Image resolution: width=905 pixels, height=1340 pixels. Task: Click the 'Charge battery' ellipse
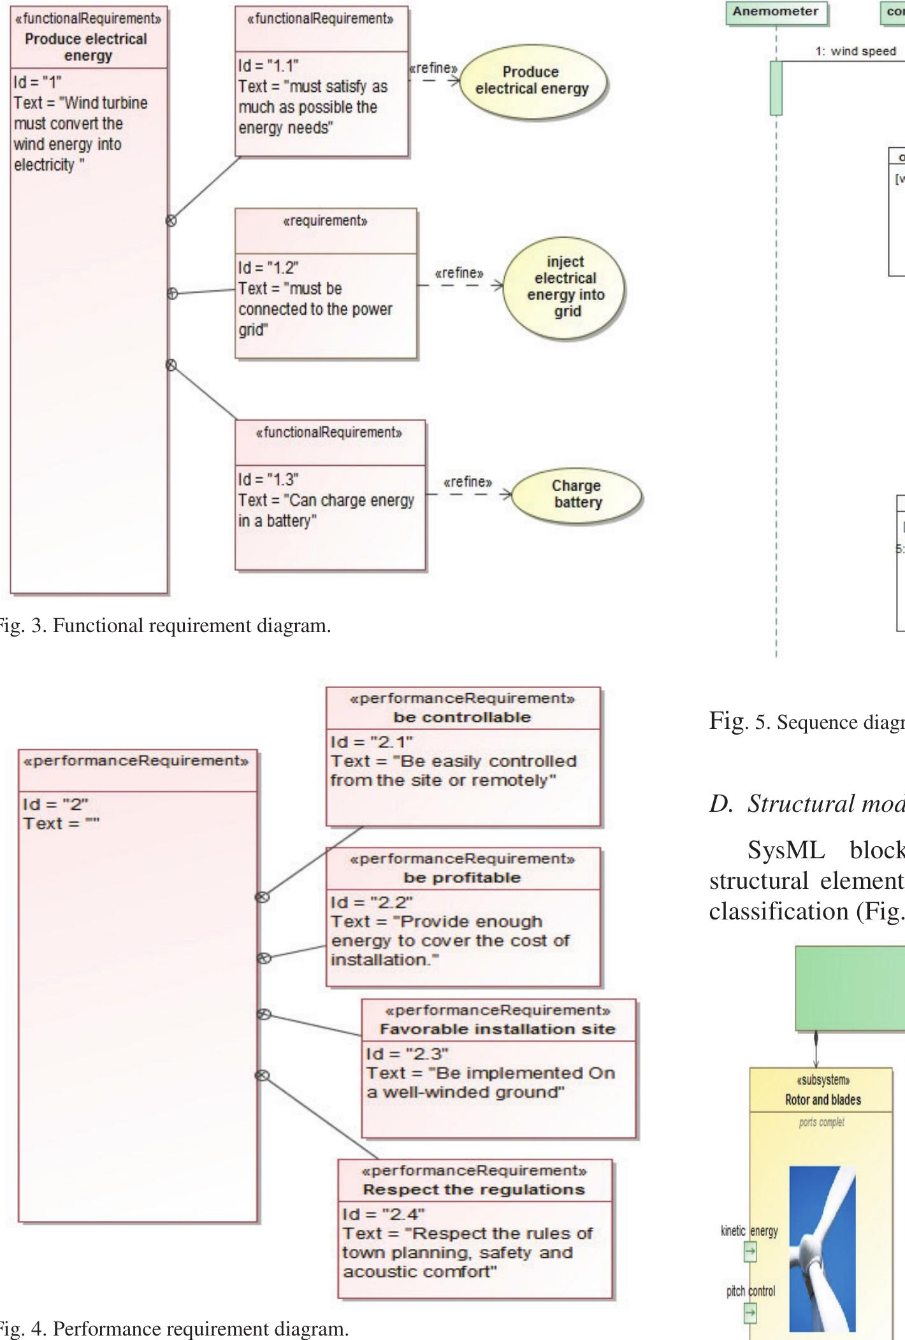577,494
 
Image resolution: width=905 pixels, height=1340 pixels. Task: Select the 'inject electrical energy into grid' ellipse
565,286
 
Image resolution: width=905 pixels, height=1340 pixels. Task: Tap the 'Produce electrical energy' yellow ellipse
532,80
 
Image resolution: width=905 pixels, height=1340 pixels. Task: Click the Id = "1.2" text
268,267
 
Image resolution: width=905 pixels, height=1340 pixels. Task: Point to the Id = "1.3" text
268,479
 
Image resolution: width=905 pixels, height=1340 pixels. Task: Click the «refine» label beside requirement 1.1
433,68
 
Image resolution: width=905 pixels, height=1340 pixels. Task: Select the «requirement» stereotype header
325,221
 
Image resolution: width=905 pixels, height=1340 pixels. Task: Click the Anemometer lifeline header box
776,11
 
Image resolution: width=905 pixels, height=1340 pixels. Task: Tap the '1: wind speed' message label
855,52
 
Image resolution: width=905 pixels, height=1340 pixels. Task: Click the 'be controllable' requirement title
462,717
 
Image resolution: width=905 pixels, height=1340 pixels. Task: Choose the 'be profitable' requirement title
462,877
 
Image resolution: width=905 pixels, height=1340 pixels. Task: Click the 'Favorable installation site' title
497,1029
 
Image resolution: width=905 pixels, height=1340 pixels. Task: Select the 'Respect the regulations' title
474,1190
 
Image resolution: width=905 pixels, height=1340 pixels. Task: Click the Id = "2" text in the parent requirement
55,804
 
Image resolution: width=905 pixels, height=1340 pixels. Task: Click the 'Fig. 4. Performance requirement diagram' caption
172,1329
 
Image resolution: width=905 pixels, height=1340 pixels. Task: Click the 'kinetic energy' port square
751,1251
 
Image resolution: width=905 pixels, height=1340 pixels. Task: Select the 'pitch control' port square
751,1312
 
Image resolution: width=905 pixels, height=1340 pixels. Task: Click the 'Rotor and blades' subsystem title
823,1099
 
